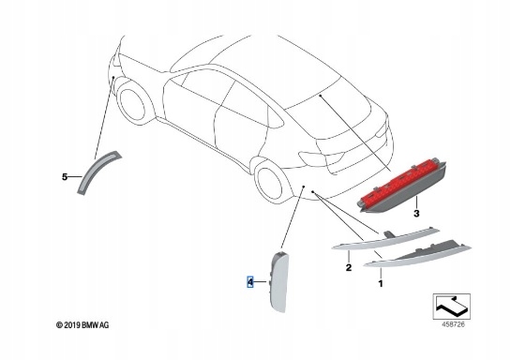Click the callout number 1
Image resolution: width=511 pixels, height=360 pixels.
(x=381, y=281)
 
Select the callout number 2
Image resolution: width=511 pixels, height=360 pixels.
(x=348, y=267)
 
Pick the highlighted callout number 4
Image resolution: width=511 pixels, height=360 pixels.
(x=250, y=281)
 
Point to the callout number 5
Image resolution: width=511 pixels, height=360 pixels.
(x=65, y=175)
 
